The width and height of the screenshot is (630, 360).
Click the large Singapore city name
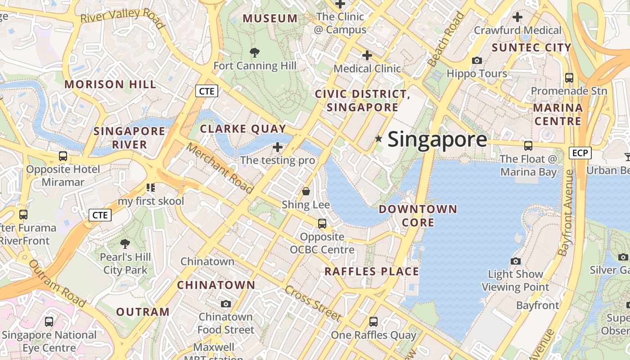437,139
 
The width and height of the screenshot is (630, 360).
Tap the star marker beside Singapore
378,139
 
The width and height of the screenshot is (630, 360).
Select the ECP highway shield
580,153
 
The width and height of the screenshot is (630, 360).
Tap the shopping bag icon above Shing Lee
306,192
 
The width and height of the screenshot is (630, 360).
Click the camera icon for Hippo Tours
477,60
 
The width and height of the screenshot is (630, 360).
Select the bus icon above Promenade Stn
569,78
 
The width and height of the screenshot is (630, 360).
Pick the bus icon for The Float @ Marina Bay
528,146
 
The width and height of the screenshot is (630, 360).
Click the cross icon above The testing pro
278,147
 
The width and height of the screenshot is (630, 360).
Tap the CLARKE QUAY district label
243,129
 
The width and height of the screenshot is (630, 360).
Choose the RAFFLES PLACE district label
372,271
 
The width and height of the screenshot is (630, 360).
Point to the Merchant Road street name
220,168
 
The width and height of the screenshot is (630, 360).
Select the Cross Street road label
313,303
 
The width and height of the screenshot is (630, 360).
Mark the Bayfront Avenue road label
567,213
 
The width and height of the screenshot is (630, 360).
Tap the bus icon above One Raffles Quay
373,322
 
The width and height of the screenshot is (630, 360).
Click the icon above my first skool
151,188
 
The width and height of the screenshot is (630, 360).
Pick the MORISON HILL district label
110,85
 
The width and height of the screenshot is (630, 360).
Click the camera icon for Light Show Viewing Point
516,261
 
